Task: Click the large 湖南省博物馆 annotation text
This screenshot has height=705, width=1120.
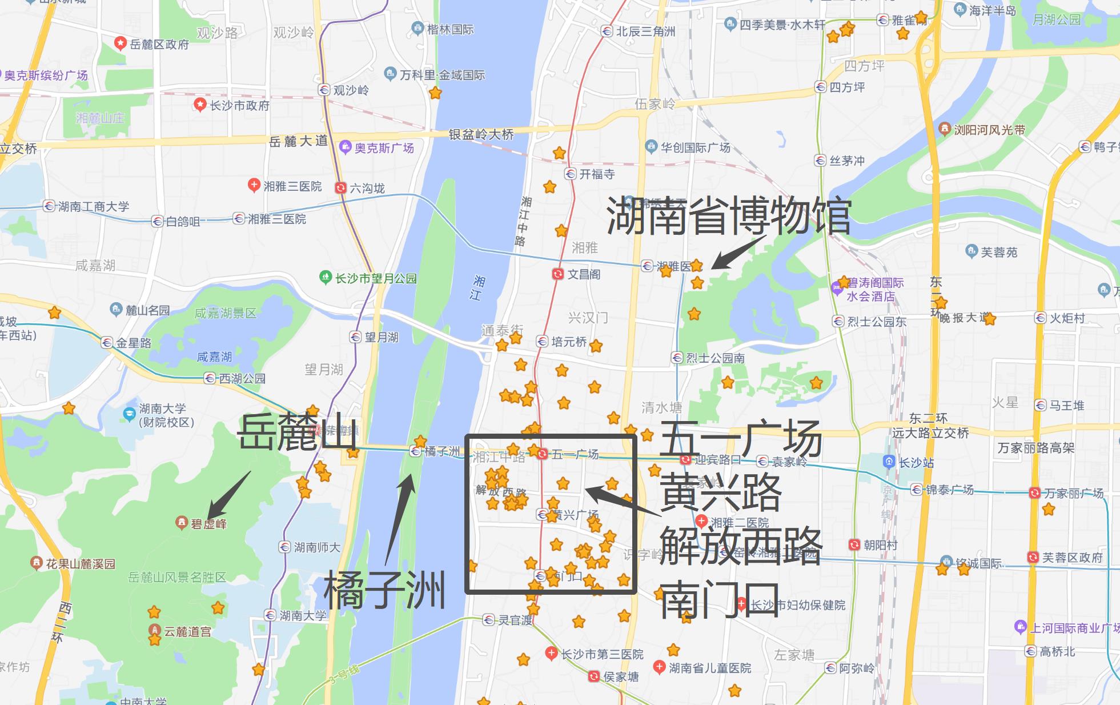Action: [728, 216]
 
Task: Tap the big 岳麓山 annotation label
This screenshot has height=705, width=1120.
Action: [297, 433]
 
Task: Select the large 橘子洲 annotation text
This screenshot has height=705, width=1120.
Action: [384, 592]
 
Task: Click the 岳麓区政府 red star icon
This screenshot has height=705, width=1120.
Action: [120, 43]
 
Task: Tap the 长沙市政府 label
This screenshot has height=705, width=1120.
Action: [239, 105]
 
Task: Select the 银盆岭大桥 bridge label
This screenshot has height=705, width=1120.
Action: [481, 134]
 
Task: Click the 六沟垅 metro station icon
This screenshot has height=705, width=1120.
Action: [341, 187]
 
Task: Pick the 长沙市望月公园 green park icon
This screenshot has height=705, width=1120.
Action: [325, 278]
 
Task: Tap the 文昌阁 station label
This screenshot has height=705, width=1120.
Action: [584, 274]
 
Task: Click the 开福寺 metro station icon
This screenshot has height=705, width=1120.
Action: [570, 174]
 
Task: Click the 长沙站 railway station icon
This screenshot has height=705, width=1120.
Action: [889, 462]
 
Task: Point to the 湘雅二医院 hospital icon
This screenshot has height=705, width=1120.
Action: [702, 522]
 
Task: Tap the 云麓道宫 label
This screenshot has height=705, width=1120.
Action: [187, 631]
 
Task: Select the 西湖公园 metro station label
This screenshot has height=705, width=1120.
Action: [242, 378]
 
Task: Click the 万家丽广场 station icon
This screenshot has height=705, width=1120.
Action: [1034, 492]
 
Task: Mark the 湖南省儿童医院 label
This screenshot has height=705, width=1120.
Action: [710, 667]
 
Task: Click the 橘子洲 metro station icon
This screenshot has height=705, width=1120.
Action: [416, 451]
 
